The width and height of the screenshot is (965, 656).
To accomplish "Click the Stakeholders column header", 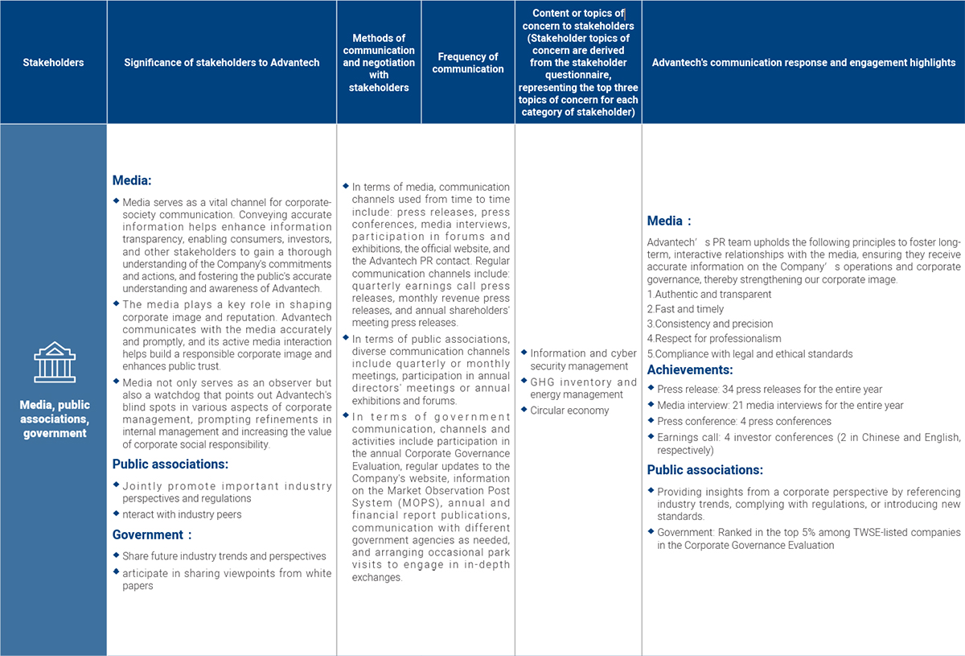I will click(x=53, y=63).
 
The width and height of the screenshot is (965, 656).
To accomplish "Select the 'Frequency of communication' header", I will click(x=467, y=63).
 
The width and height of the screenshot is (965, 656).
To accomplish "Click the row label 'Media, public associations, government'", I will click(x=54, y=419).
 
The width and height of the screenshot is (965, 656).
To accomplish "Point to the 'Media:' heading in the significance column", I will click(x=132, y=181).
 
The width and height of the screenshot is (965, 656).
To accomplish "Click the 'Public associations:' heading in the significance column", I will click(x=170, y=464).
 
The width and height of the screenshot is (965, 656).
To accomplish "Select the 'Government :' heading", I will click(x=152, y=534).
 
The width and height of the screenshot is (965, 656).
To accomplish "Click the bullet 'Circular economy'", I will click(x=569, y=411).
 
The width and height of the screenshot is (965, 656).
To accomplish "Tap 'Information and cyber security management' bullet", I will click(x=582, y=360).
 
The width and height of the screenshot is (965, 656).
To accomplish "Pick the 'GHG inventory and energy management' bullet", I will click(x=582, y=389).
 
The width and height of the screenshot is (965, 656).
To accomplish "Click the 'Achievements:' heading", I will click(x=690, y=370).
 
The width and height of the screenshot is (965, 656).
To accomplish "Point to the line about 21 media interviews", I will click(x=780, y=406).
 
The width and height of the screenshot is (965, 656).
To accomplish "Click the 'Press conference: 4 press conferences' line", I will click(x=744, y=421).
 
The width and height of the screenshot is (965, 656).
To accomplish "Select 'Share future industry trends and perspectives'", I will click(x=224, y=556).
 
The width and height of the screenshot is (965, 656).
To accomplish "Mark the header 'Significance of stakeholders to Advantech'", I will click(x=222, y=63).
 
